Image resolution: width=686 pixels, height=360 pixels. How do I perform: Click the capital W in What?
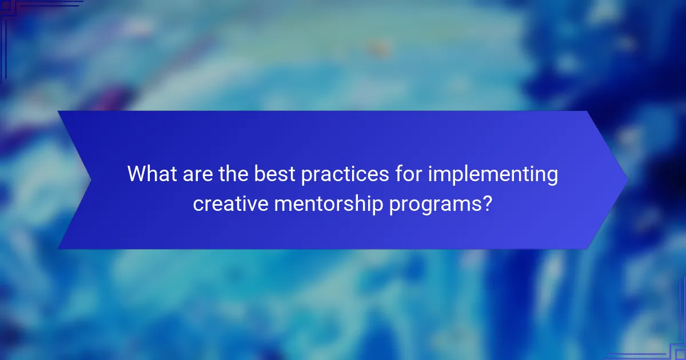(x=137, y=174)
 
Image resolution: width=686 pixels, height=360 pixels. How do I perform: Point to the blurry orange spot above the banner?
(x=377, y=49)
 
